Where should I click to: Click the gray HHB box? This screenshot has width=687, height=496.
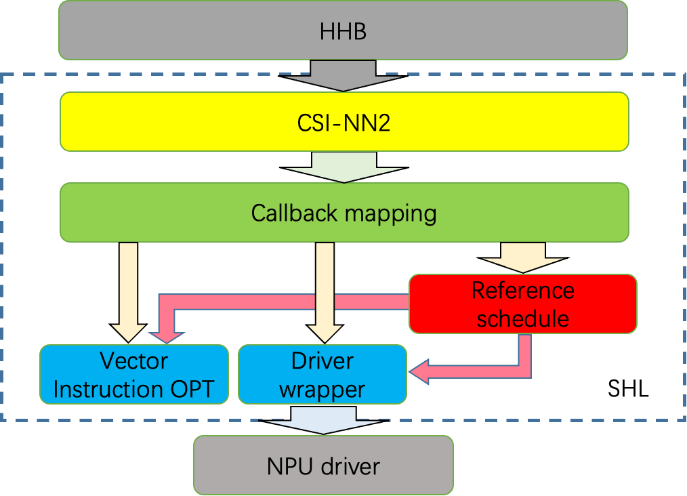[x=343, y=30]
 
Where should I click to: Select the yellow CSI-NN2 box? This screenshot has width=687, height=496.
[x=344, y=122]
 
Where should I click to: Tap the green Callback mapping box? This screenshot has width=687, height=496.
[x=344, y=213]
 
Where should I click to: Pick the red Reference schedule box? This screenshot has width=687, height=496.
[x=522, y=304]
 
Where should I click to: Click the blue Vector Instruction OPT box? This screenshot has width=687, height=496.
[x=133, y=375]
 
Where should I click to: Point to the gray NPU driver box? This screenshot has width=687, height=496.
[x=323, y=466]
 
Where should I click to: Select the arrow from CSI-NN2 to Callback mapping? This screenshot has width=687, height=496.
[x=344, y=167]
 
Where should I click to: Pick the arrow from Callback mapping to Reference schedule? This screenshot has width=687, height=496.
[x=522, y=257]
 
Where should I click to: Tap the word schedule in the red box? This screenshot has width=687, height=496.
[x=522, y=318]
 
